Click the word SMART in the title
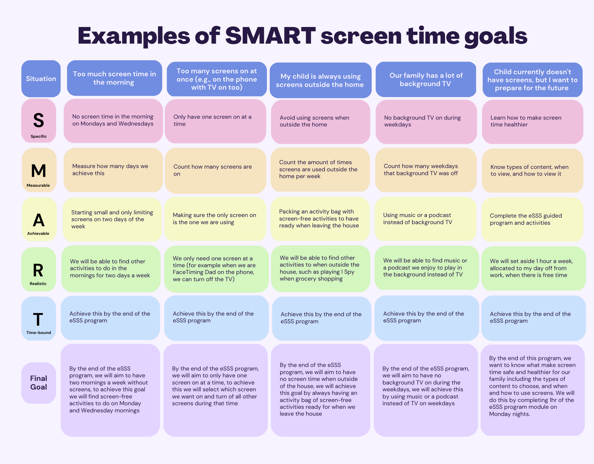pyautogui.click(x=270, y=36)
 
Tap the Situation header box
pyautogui.click(x=41, y=79)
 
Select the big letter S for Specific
pyautogui.click(x=39, y=120)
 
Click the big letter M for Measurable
pyautogui.click(x=39, y=171)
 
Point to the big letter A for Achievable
pyautogui.click(x=39, y=220)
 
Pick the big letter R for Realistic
pyautogui.click(x=38, y=270)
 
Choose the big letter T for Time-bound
pyautogui.click(x=38, y=320)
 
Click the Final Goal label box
pyautogui.click(x=39, y=383)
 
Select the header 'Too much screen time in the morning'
pyautogui.click(x=115, y=78)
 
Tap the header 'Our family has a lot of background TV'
pyautogui.click(x=426, y=79)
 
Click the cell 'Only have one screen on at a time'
pyautogui.click(x=215, y=121)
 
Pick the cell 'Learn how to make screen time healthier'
pyautogui.click(x=533, y=122)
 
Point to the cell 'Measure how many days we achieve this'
pyautogui.click(x=113, y=170)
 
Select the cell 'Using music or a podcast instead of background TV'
pyautogui.click(x=426, y=219)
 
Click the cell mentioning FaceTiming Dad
pyautogui.click(x=216, y=269)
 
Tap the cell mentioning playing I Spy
pyautogui.click(x=320, y=269)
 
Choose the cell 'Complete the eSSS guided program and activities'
pyautogui.click(x=532, y=220)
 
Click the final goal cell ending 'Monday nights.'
pyautogui.click(x=533, y=390)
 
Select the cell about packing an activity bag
pyautogui.click(x=320, y=219)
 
